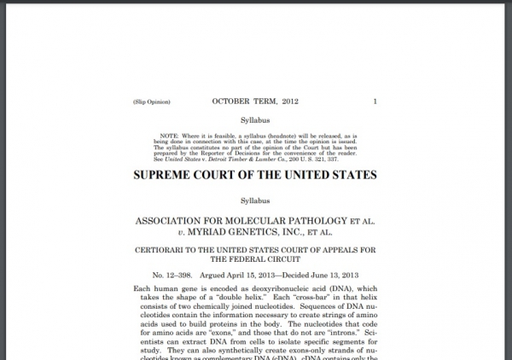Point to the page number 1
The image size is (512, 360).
[x=375, y=102]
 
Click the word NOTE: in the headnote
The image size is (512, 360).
[x=177, y=136]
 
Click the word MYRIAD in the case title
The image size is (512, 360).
[x=207, y=233]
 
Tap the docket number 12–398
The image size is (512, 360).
[x=173, y=277]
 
